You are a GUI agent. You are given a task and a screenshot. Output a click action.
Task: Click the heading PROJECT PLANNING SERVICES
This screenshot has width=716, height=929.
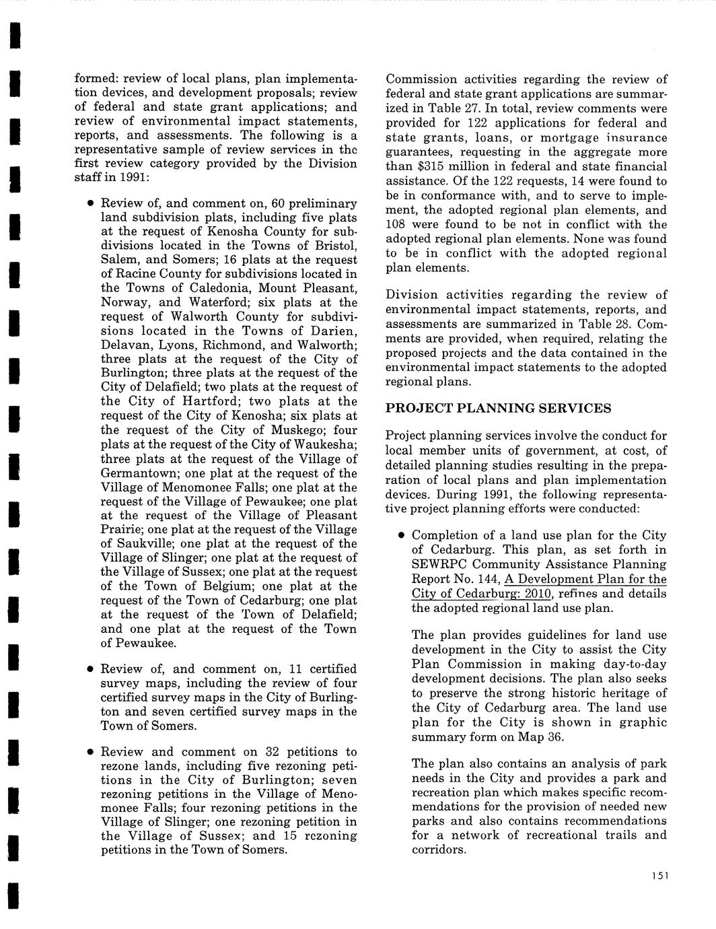click(x=498, y=408)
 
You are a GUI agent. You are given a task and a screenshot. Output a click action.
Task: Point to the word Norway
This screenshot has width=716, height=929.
click(x=121, y=302)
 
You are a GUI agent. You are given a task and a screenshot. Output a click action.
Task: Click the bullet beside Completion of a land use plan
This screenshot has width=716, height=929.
click(x=400, y=536)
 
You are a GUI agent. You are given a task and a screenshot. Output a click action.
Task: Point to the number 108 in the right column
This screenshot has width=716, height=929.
click(x=398, y=225)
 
